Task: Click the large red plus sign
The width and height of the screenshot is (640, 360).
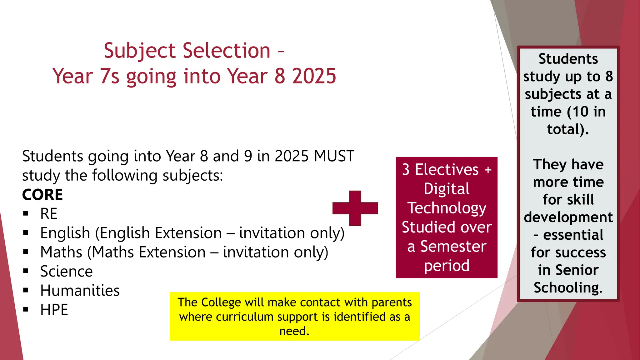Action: pos(355,208)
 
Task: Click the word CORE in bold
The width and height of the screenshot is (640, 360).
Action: pos(42,195)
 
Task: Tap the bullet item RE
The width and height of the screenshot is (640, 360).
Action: pos(49,214)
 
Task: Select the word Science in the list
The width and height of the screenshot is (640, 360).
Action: pos(66,271)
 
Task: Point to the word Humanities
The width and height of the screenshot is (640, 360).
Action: pos(80,291)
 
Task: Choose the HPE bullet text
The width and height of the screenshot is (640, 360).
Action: pos(54,310)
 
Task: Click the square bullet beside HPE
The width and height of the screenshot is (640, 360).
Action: pos(26,310)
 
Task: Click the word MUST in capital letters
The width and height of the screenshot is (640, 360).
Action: pos(334,156)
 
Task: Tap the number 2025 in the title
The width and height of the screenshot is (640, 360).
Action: pos(314,76)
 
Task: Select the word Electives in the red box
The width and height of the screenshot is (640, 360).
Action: pos(447,170)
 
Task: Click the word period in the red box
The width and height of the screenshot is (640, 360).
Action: pos(447,266)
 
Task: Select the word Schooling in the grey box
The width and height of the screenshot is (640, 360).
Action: pos(568,287)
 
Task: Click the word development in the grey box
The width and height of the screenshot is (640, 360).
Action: pos(568,217)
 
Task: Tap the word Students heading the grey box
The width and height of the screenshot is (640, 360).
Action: pos(568,59)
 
